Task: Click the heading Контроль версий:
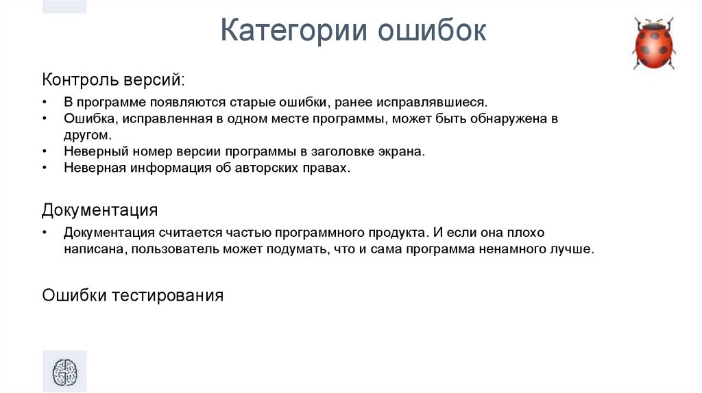[x=113, y=79]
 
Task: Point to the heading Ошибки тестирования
[x=133, y=295]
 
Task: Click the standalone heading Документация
[x=100, y=209]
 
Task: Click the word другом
[x=87, y=135]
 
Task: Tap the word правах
[x=323, y=168]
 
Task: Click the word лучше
[x=573, y=249]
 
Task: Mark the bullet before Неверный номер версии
[x=45, y=151]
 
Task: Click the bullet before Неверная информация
[x=45, y=168]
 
